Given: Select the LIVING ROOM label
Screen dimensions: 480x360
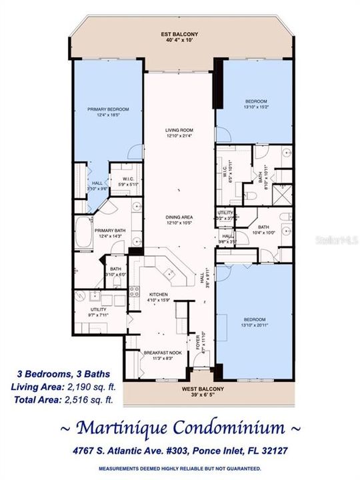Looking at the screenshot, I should tap(179, 130).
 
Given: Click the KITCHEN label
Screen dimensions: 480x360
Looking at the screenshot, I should tap(157, 294).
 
